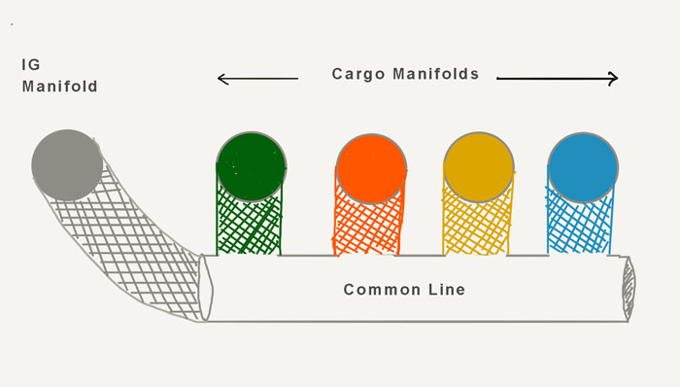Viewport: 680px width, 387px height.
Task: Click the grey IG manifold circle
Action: point(67,165)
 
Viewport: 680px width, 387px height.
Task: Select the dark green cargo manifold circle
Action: point(251,167)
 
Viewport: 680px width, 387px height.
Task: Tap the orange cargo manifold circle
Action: point(371,168)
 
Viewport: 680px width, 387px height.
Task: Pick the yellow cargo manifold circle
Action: point(479,167)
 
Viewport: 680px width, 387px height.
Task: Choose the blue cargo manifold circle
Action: point(583,167)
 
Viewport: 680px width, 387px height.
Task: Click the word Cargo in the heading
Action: point(358,74)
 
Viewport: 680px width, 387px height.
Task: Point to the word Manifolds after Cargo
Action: point(436,74)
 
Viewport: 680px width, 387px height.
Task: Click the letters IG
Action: point(31,64)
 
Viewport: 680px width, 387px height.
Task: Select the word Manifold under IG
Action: point(60,87)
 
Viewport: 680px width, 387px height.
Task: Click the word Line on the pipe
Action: point(447,290)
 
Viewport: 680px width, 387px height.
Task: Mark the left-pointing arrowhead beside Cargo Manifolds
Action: point(222,79)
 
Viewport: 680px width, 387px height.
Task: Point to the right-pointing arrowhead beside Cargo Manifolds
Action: point(613,79)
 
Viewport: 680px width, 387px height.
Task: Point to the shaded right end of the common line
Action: point(629,289)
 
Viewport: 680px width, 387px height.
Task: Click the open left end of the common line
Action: point(205,289)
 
